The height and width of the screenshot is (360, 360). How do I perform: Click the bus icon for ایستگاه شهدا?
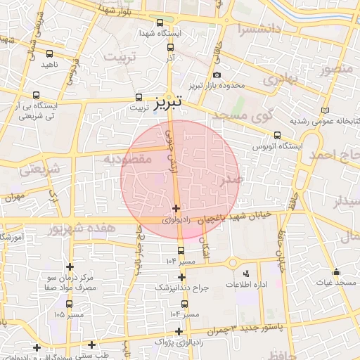160,22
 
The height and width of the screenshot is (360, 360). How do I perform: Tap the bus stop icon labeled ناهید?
49,53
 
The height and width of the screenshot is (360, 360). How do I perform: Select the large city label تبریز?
167,101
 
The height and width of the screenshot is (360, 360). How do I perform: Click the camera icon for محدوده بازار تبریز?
217,75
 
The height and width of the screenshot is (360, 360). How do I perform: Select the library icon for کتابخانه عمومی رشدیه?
324,110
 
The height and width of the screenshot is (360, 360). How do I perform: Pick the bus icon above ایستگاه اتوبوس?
278,135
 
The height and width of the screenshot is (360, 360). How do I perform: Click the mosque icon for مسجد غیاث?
337,271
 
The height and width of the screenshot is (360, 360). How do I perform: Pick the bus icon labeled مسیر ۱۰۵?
69,304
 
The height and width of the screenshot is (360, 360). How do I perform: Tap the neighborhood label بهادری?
281,79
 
